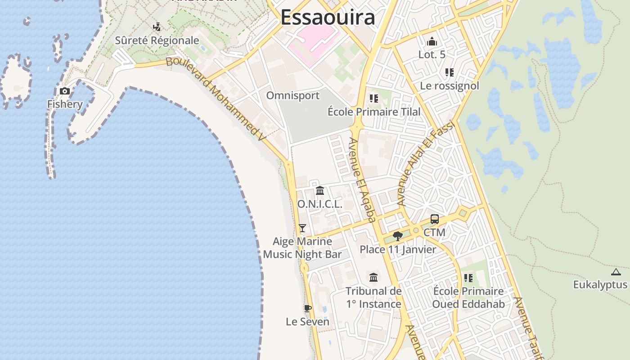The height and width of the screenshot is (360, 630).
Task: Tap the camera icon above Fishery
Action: [x=65, y=91]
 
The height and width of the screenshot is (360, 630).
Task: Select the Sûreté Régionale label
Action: [x=157, y=40]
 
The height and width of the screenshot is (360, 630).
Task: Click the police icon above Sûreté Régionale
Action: [x=157, y=27]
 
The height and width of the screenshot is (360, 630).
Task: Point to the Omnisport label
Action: [x=292, y=95]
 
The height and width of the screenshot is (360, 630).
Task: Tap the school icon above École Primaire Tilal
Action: [x=373, y=98]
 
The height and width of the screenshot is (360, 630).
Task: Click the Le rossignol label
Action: [x=449, y=85]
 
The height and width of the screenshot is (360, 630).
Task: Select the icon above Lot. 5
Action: [x=432, y=41]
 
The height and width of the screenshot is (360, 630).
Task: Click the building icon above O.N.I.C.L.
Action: [x=320, y=191]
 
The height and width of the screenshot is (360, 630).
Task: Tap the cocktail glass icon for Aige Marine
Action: [x=302, y=228]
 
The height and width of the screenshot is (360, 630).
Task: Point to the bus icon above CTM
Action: [x=434, y=219]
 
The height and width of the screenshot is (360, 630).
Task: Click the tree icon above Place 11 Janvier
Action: [x=397, y=236]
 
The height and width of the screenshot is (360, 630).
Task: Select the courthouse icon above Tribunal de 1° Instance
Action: [x=373, y=277]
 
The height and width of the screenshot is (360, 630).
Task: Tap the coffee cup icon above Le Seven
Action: [x=308, y=309]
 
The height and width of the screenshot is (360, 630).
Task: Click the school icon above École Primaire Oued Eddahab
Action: [x=468, y=278]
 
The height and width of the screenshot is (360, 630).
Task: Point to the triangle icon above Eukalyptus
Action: [x=616, y=272]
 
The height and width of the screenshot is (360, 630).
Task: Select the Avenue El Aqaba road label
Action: [x=362, y=180]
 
